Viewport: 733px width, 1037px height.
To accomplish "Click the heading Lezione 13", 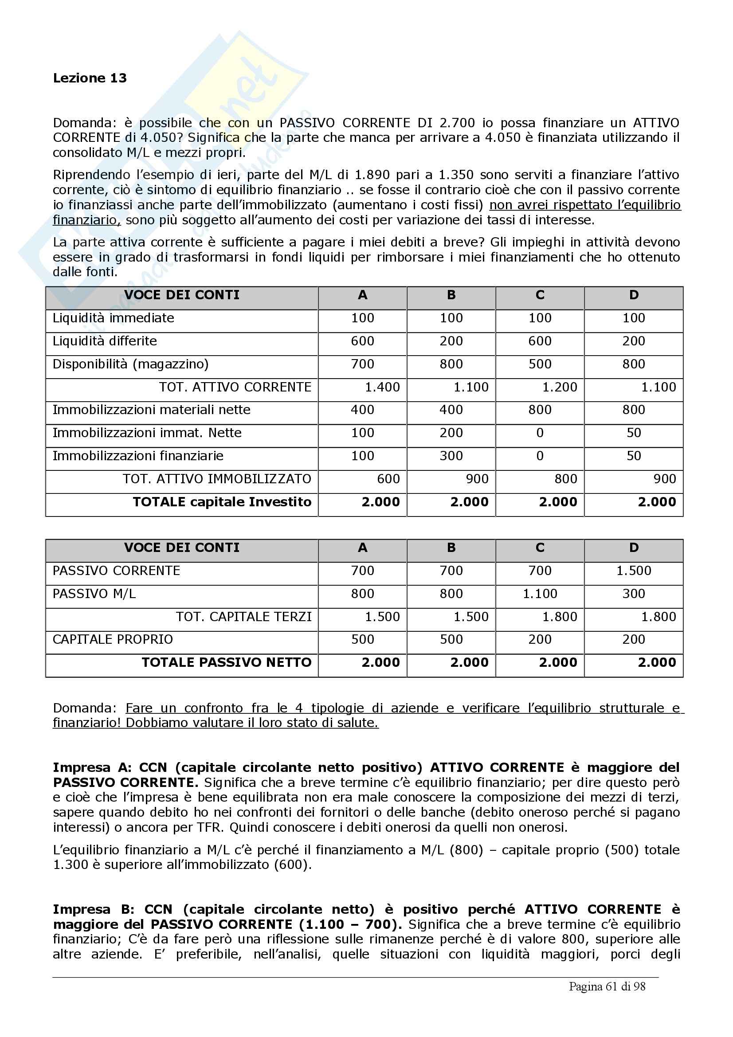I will tap(90, 78).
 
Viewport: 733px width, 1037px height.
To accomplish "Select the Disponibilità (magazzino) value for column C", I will tap(540, 364).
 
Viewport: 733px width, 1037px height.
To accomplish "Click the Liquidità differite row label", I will tap(105, 341).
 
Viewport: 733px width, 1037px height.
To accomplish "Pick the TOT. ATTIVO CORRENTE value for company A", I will tap(382, 387).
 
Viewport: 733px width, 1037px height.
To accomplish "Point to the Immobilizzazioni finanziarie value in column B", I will tap(451, 456).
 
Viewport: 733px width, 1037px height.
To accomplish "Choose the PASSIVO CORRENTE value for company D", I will tap(634, 571).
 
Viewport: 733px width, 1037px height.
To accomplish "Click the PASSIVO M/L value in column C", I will tap(540, 594).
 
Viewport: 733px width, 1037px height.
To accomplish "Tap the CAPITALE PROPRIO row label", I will tap(113, 640).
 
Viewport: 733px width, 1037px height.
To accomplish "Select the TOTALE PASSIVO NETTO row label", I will tap(226, 662).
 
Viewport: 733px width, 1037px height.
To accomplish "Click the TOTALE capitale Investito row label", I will tap(222, 502).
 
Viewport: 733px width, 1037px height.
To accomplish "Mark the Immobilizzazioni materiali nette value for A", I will tap(362, 410).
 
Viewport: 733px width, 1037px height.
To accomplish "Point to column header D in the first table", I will tap(634, 295).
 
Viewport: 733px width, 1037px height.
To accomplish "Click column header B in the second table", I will tap(451, 548).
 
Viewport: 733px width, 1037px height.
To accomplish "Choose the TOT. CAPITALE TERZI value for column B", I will tap(470, 617).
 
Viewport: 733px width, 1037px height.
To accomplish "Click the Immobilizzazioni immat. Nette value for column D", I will tap(634, 433).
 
